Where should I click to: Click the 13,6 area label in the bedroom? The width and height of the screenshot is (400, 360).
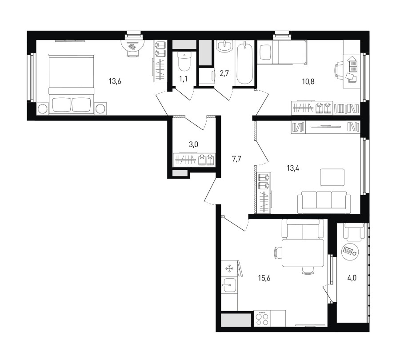(x=115, y=81)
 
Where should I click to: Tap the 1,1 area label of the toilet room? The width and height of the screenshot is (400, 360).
(x=183, y=79)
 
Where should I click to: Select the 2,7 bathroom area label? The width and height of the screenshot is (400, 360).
(x=224, y=73)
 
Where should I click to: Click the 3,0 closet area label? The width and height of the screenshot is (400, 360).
(x=193, y=144)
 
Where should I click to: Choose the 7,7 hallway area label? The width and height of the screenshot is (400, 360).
(x=236, y=159)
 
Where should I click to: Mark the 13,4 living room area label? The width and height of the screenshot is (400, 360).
(x=293, y=168)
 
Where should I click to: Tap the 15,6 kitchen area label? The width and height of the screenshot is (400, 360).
(x=264, y=278)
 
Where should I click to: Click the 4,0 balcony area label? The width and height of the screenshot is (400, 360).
(x=352, y=278)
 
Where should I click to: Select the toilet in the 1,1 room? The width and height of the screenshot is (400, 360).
(x=184, y=61)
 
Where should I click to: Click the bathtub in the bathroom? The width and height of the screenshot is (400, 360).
(x=244, y=63)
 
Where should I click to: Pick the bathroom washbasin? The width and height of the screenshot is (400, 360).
(x=224, y=46)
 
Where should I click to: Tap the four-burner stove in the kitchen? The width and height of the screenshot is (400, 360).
(x=262, y=318)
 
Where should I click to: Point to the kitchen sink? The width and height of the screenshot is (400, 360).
(x=229, y=285)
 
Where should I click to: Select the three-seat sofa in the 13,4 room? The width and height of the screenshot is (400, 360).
(x=324, y=202)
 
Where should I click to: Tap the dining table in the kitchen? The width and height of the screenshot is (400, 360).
(x=303, y=252)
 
